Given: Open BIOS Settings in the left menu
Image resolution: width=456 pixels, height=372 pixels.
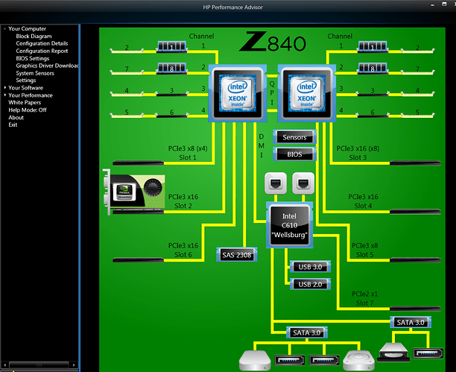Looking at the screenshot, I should tap(33, 58).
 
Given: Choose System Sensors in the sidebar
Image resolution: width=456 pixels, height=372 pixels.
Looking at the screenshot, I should tap(35, 73).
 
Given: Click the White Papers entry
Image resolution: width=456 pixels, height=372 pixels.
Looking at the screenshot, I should tap(25, 102).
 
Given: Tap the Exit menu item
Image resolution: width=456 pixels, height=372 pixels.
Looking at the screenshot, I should tap(13, 124).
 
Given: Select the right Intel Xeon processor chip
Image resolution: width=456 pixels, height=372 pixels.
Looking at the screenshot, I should tap(305, 93).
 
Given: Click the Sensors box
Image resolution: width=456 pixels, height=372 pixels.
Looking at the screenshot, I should tap(295, 137).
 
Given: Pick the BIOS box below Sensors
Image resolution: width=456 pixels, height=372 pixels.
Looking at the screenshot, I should tap(295, 154).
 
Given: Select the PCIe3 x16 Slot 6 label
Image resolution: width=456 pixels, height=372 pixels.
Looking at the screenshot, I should tap(183, 250).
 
